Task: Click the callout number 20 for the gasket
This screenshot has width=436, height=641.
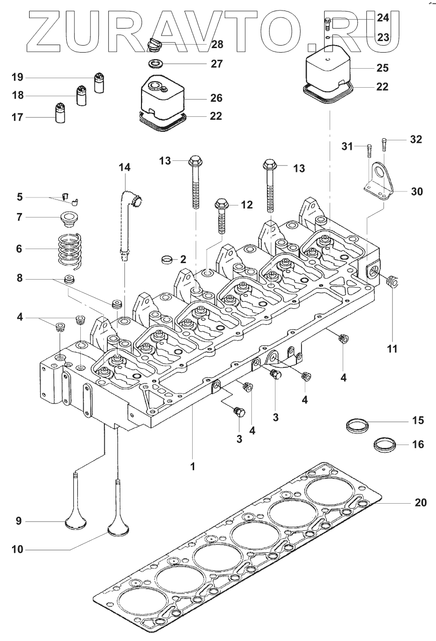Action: (x=420, y=502)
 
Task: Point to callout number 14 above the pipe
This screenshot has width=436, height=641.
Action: (x=124, y=168)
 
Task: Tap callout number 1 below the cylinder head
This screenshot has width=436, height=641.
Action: (x=192, y=466)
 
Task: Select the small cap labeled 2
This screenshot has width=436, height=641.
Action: (x=167, y=259)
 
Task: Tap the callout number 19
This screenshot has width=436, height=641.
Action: (x=18, y=77)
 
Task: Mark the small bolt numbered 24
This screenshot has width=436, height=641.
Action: (x=327, y=23)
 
